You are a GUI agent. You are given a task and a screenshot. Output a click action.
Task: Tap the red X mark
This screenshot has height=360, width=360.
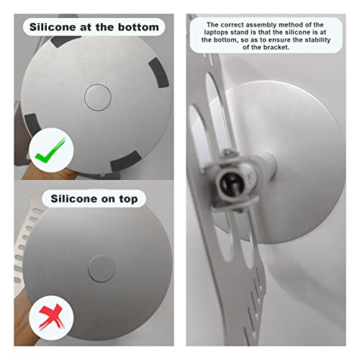point(51,317)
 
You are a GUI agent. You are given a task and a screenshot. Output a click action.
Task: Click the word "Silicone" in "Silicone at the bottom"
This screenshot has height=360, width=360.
point(53,27)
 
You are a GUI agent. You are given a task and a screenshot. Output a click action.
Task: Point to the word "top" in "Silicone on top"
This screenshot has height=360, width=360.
point(128,199)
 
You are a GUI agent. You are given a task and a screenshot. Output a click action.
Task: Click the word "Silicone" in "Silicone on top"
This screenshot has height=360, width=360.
point(74,199)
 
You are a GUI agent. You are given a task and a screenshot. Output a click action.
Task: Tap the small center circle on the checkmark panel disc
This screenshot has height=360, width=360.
point(98,97)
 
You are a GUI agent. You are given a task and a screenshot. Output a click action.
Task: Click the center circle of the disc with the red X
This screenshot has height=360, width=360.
point(102,269)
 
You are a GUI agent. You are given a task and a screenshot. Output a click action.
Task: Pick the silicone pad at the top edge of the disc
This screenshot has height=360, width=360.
point(64,41)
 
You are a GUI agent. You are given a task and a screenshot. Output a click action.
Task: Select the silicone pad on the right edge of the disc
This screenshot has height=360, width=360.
point(158,73)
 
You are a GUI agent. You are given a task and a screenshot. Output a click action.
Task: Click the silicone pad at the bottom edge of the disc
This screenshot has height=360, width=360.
point(125,161)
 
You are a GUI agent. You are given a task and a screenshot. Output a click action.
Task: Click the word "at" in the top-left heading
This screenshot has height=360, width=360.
point(86,27)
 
